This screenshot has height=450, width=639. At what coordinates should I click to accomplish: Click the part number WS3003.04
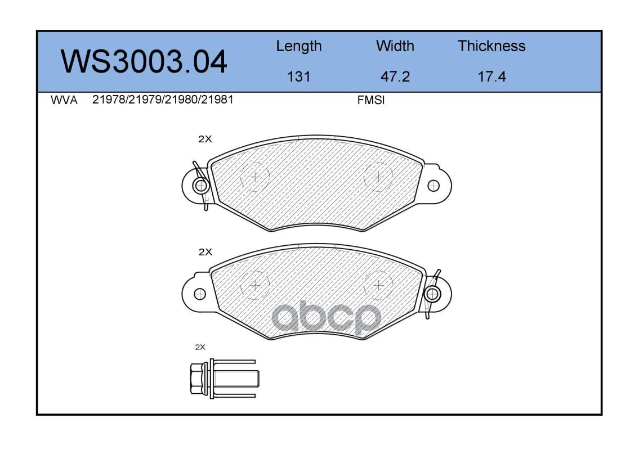tap(144, 62)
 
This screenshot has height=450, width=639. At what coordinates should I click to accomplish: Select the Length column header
tap(299, 47)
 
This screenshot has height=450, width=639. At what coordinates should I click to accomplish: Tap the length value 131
tap(299, 76)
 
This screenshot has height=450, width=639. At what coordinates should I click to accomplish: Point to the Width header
tap(395, 46)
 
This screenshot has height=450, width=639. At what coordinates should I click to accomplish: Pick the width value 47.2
tap(395, 76)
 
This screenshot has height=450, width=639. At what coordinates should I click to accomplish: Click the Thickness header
tap(491, 46)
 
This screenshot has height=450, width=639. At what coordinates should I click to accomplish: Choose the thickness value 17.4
tap(491, 76)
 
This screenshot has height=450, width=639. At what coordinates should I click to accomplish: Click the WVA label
tap(64, 100)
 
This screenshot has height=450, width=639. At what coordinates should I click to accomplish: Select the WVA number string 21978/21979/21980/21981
tap(163, 100)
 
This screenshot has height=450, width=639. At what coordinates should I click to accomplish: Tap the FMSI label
tap(371, 100)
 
